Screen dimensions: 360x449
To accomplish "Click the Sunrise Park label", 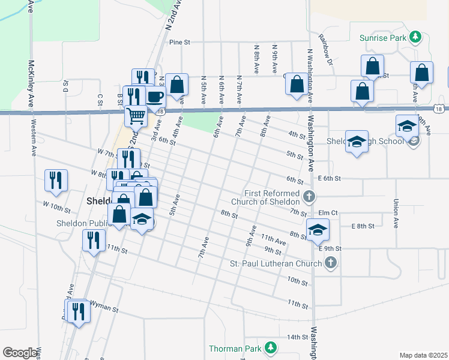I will pyautogui.click(x=384, y=37).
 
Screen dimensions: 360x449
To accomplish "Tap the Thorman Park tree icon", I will pyautogui.click(x=271, y=347).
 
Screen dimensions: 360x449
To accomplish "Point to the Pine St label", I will pyautogui.click(x=179, y=43).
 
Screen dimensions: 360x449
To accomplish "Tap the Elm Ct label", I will pyautogui.click(x=329, y=212).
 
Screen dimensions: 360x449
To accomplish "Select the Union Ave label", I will pyautogui.click(x=396, y=214).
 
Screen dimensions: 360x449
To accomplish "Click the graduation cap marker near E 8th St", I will pyautogui.click(x=318, y=229).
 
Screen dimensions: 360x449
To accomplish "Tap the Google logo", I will pyautogui.click(x=20, y=353).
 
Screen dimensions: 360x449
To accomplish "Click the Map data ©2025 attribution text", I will pyautogui.click(x=423, y=355).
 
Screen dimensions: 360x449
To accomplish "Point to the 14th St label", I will pyautogui.click(x=297, y=337).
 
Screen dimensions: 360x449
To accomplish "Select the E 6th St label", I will pyautogui.click(x=330, y=179).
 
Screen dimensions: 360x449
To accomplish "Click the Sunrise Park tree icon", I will pyautogui.click(x=415, y=37).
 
